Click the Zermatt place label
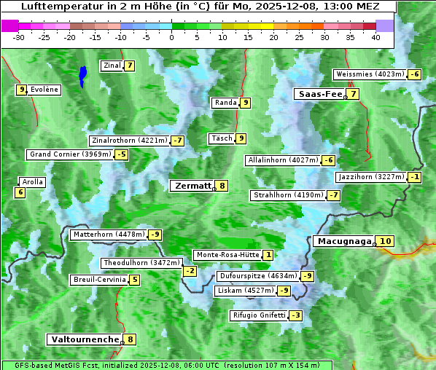pos(192,186)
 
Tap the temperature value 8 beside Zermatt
pos(222,186)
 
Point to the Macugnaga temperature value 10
pos(386,241)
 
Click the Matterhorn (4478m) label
pos(108,235)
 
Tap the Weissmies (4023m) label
pos(369,74)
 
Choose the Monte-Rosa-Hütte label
pos(227,255)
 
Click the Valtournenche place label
pos(85,339)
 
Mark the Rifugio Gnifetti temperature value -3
pos(295,315)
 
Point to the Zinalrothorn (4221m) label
pos(129,140)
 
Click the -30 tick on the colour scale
pos(19,37)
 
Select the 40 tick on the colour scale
pos(375,37)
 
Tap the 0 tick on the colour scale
pos(172,37)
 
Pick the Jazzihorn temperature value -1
pos(415,177)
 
